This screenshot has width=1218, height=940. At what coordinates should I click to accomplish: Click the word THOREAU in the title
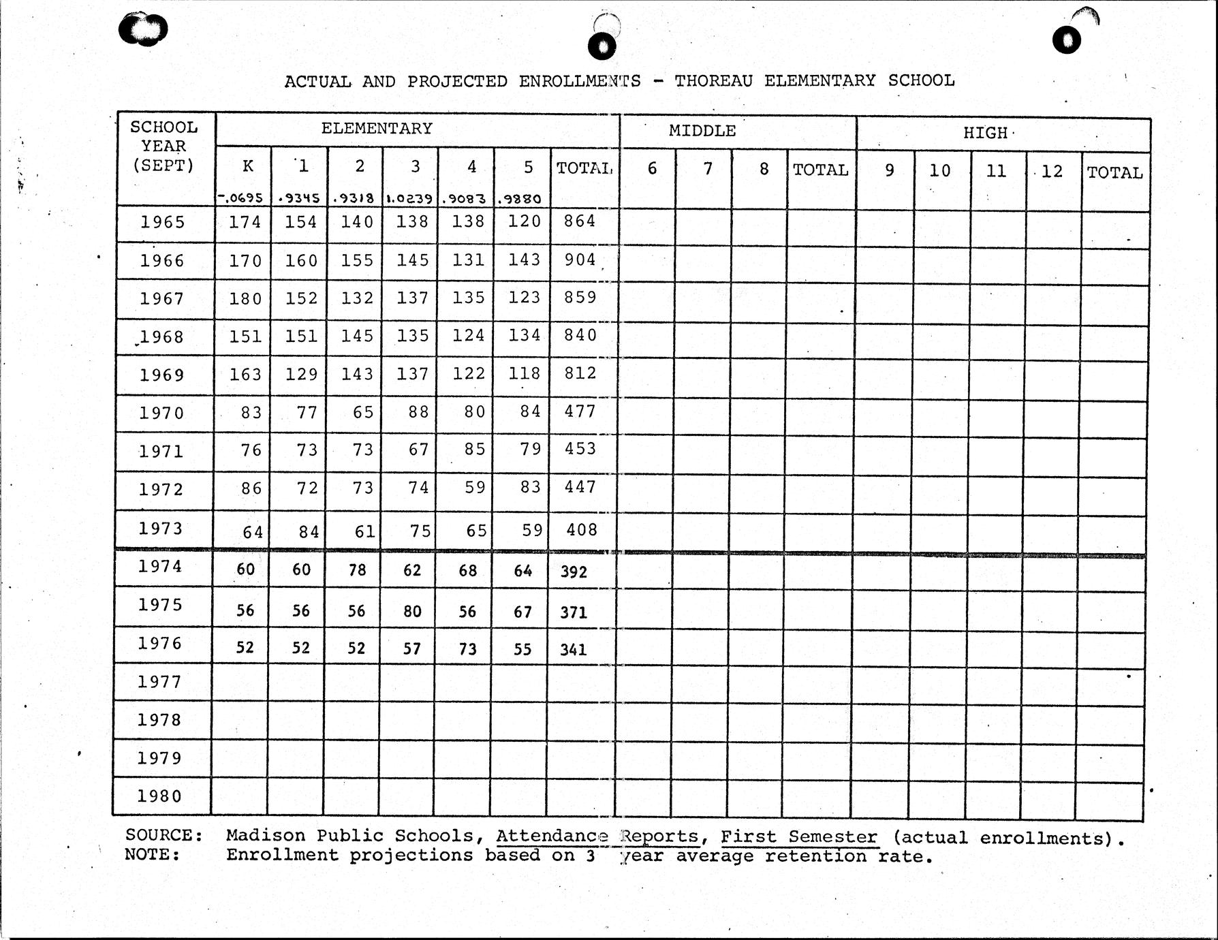(713, 80)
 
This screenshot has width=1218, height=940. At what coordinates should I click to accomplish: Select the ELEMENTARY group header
(377, 128)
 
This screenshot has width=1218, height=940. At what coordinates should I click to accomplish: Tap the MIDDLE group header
(702, 131)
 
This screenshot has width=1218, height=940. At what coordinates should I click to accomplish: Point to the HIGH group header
(985, 133)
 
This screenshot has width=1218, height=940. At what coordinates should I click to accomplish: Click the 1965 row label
(163, 222)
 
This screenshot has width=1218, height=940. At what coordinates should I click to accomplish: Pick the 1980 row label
(159, 796)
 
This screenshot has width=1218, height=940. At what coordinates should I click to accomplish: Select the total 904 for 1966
(580, 260)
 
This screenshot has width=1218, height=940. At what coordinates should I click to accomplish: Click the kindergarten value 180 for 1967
(245, 298)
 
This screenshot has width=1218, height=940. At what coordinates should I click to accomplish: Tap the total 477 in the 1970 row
(580, 411)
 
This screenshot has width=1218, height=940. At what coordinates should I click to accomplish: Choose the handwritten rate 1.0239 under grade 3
(409, 199)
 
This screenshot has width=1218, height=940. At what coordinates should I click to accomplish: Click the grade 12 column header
(1052, 171)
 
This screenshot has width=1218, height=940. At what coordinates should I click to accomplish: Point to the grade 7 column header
(708, 168)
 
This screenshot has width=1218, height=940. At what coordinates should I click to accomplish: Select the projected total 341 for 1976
(574, 650)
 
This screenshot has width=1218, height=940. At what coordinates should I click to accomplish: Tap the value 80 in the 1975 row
(412, 611)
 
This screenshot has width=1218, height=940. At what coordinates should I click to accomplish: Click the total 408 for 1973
(582, 530)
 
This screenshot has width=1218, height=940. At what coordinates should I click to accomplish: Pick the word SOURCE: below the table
(164, 835)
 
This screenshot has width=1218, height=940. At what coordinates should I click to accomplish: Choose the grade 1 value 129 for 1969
(301, 374)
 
